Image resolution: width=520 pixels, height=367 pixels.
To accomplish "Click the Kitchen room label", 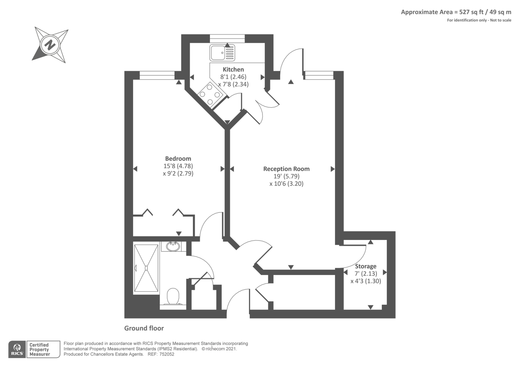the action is tap(233, 70).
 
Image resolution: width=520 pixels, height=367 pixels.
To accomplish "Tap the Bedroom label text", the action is tap(178, 159).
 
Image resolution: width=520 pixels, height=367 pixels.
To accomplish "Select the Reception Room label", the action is tap(286, 169).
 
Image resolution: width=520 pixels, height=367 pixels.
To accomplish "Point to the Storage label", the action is tap(366, 266).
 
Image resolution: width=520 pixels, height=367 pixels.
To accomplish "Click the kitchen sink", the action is tap(222, 53).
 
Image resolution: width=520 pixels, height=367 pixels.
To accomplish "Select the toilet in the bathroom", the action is tap(173, 296).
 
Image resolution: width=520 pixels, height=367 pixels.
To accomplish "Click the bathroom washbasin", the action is tap(173, 247).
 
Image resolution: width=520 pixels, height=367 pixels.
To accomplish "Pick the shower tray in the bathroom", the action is tap(146, 268).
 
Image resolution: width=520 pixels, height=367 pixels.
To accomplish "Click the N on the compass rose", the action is tap(50, 45).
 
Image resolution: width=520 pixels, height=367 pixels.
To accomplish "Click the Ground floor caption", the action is tap(144, 328).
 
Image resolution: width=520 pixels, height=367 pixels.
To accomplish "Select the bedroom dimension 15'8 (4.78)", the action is tap(178, 166).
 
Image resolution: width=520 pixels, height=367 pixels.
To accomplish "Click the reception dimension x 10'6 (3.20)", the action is tap(286, 184).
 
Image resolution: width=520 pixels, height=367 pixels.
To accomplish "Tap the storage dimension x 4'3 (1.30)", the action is tap(366, 281).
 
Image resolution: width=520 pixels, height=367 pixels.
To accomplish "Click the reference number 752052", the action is tap(167, 354).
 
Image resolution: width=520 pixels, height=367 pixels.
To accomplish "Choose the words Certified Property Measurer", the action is tap(39, 349).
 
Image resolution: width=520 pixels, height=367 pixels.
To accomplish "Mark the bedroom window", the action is tap(157, 75).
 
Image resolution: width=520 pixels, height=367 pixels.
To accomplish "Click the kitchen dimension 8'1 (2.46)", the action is tap(233, 77).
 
